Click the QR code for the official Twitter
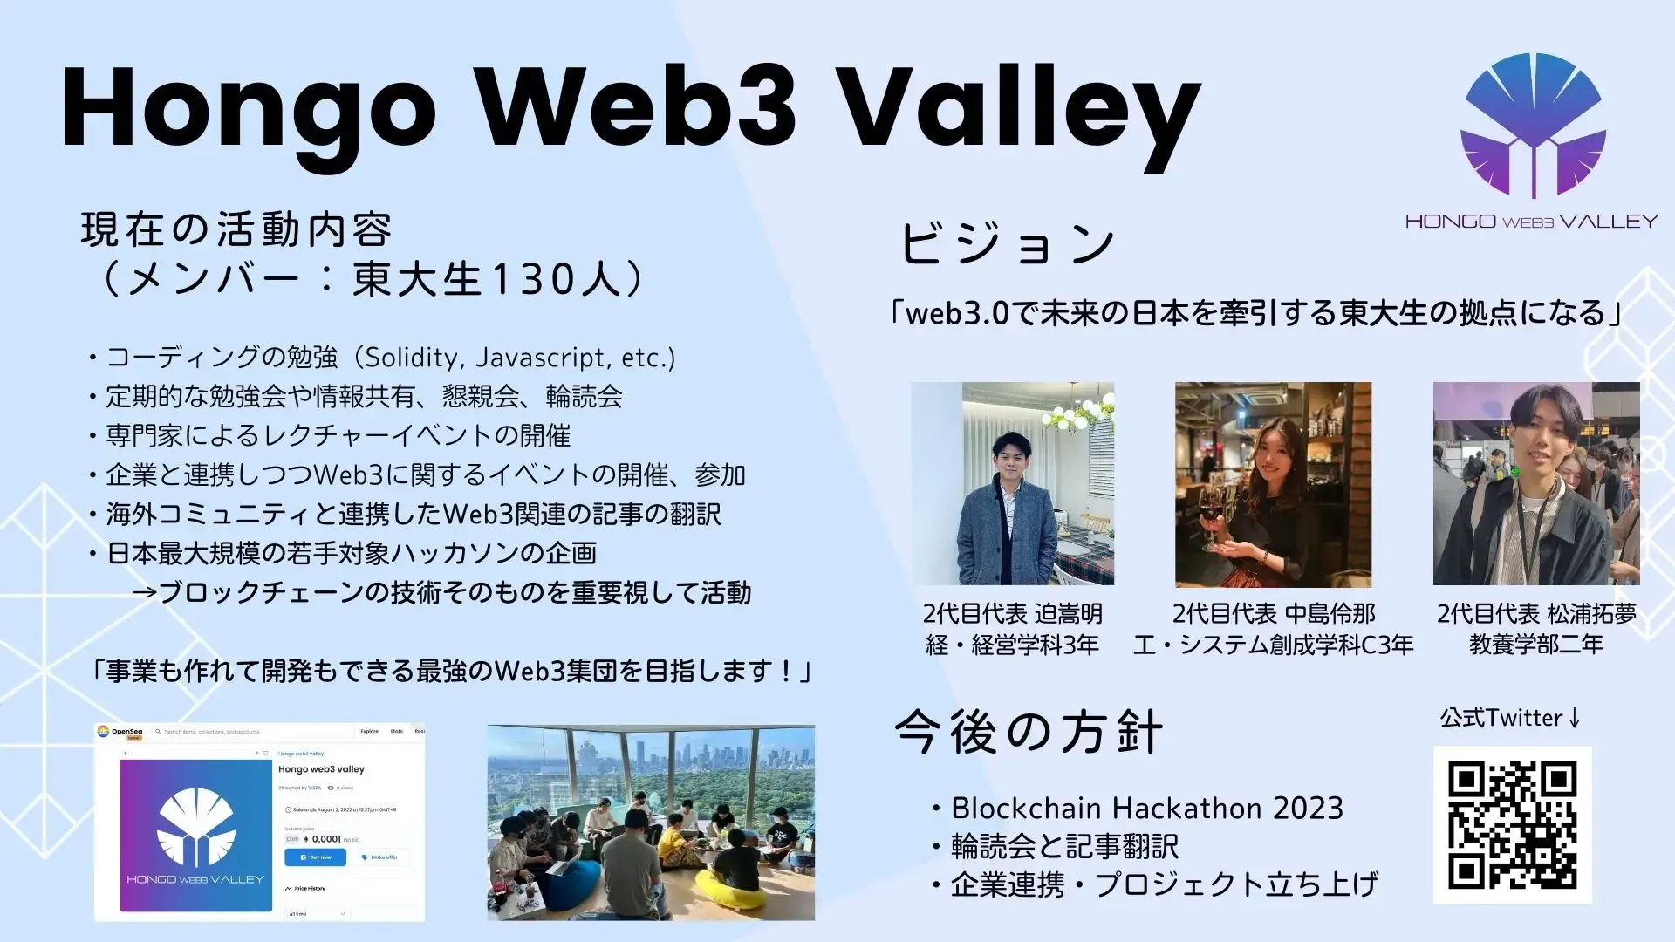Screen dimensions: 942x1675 coord(1512,824)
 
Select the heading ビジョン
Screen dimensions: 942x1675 coord(1008,242)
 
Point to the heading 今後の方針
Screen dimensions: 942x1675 coord(1029,732)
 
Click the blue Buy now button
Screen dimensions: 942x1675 coord(315,857)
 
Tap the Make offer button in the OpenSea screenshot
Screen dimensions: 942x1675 coord(379,857)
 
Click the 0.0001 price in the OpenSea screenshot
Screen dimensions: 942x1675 coord(325,839)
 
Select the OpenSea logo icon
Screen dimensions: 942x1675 coord(103,731)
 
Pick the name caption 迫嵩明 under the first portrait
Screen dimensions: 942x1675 coord(1068,614)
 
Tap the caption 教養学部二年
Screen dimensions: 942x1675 coord(1535,645)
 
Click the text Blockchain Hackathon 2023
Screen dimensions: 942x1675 coord(1146,809)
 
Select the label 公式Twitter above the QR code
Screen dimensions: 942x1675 coord(1501,718)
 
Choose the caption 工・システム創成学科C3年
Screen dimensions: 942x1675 coord(1273,645)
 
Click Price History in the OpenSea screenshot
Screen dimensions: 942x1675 coord(309,889)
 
